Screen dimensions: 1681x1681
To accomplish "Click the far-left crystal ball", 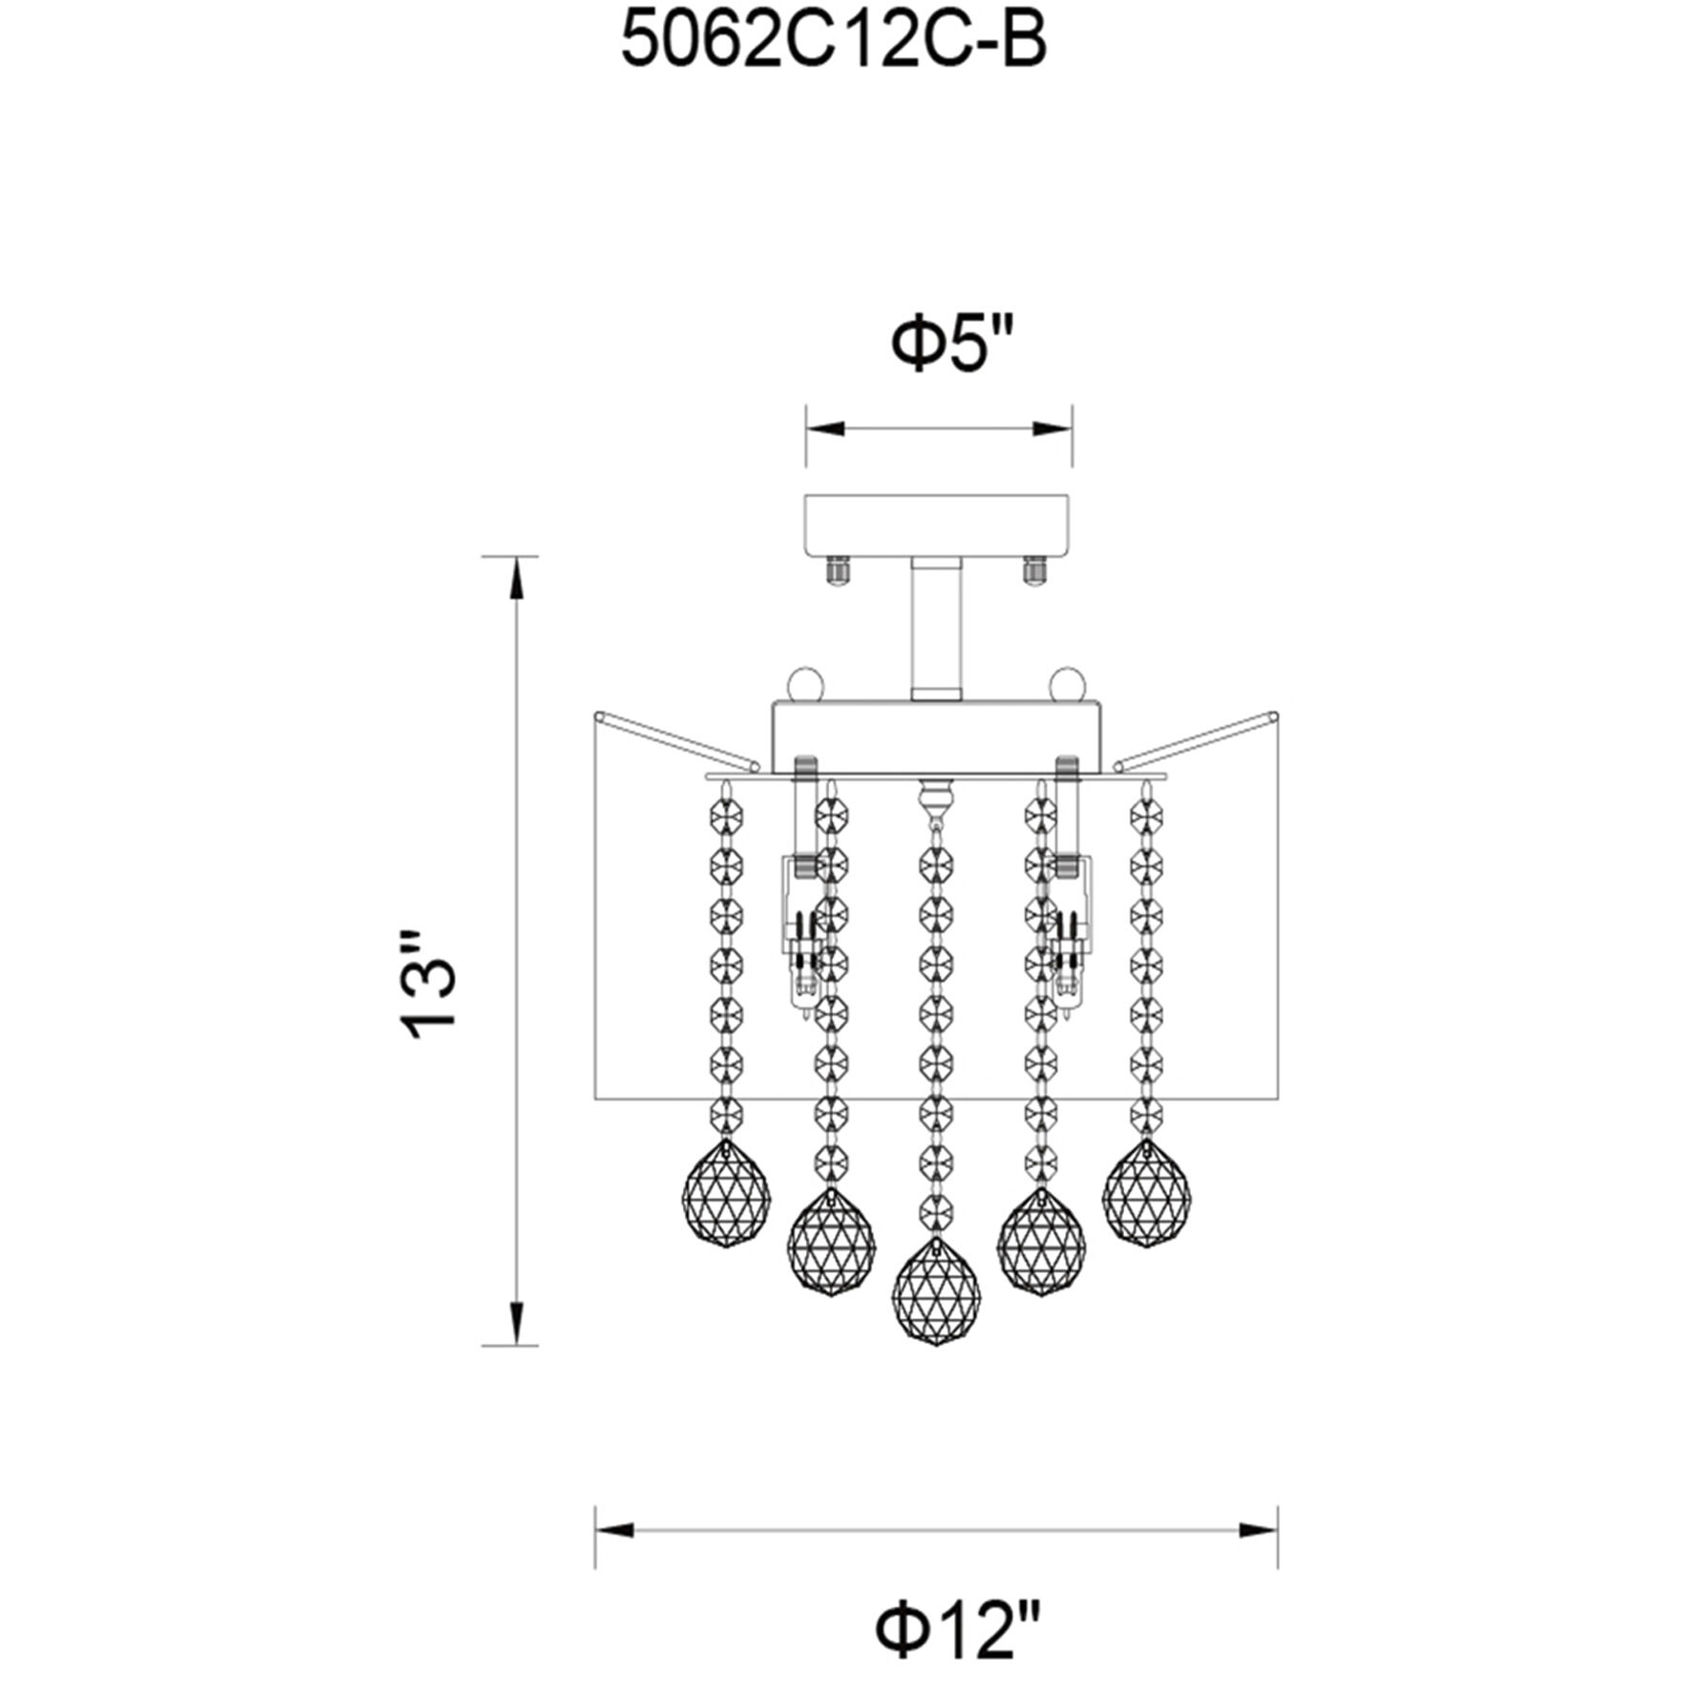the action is coord(727,1193).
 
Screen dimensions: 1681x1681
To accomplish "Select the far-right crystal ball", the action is coord(1146,1193).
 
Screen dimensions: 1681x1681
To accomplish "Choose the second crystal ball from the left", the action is coord(832,1243).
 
